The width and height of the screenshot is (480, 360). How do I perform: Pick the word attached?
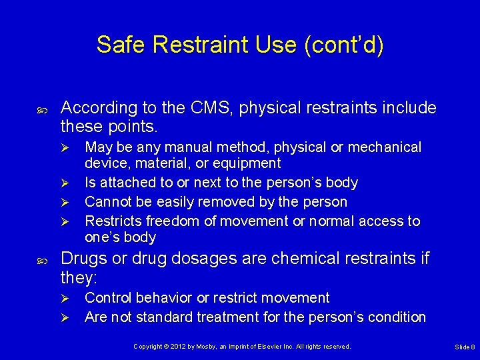(125, 183)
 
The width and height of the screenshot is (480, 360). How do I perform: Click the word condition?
(394, 317)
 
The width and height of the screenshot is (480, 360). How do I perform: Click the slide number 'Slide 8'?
(465, 347)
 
